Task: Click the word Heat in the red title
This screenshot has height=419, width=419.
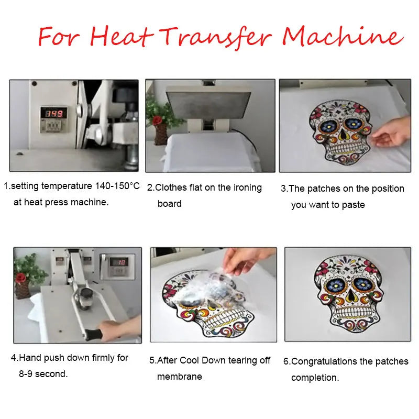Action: coord(122,37)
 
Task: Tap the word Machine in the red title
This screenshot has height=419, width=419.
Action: coord(343,36)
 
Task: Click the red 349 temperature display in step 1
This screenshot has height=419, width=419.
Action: coord(54,114)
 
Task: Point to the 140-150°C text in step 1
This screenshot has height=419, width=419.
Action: coord(117,186)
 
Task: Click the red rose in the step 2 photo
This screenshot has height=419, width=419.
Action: coord(157,120)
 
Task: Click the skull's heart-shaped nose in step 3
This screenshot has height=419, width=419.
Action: coord(343,135)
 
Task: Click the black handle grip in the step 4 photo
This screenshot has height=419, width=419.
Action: coord(93,334)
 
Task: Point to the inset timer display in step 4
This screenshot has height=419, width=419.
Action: coord(119,262)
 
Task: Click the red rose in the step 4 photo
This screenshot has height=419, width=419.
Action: coord(20,278)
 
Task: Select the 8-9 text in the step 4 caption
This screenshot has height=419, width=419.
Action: coord(26,374)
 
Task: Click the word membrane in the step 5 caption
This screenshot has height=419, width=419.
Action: coord(180,377)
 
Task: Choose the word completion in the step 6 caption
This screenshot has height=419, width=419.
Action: coord(315,378)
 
